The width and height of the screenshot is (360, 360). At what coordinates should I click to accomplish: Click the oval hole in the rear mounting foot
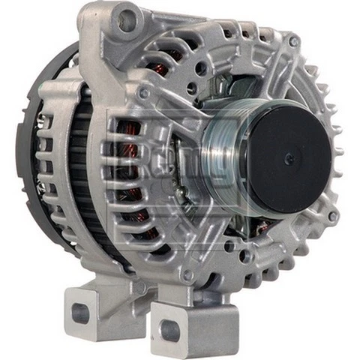coord(79,313)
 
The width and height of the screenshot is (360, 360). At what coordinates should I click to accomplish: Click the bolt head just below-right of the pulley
coord(331,217)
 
